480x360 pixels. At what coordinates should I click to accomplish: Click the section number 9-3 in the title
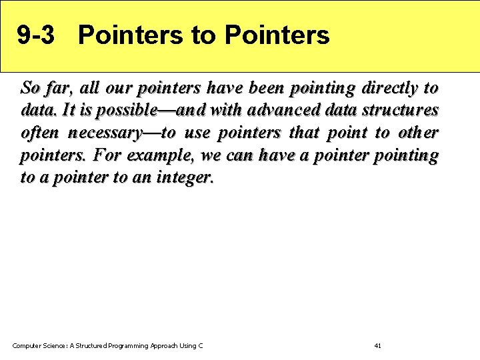35,35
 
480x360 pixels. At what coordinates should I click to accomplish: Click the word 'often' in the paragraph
39,133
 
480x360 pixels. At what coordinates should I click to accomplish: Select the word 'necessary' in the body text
105,133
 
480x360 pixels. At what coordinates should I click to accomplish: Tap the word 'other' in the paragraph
419,133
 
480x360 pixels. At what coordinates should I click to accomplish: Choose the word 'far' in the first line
57,88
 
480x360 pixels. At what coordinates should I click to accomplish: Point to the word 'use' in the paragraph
197,133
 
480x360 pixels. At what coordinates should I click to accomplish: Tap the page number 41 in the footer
378,345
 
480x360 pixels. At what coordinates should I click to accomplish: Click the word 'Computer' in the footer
27,345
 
